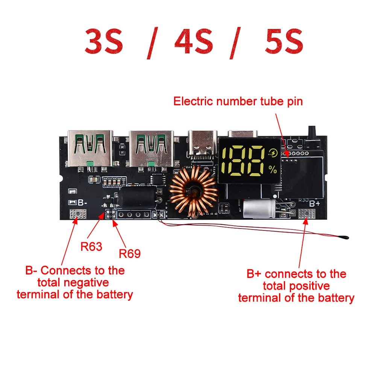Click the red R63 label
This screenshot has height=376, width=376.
point(91,247)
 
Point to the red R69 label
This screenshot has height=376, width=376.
point(130,254)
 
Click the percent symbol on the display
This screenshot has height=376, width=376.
point(273,169)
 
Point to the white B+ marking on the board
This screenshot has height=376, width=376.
point(314,203)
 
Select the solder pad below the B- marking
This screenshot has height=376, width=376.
point(78,215)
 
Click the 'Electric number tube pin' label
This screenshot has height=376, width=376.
point(238,102)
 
